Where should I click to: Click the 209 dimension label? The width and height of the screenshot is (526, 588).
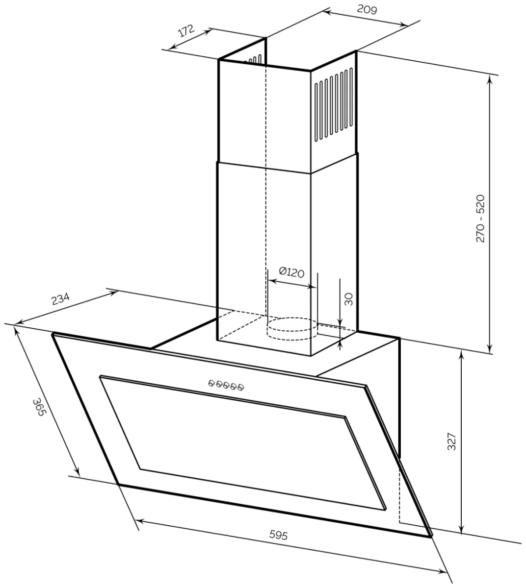[x=367, y=10]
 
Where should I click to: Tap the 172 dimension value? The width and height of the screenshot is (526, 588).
[x=186, y=31]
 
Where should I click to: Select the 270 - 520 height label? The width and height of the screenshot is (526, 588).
[x=480, y=219]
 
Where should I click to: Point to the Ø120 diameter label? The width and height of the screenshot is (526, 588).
[x=291, y=272]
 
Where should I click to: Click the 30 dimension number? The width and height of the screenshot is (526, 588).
[x=348, y=299]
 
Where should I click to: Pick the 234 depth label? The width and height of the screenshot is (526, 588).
[x=60, y=299]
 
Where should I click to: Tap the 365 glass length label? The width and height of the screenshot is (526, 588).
[x=39, y=408]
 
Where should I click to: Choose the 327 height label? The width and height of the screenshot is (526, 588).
[x=451, y=441]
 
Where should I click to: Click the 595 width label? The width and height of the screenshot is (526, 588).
[x=278, y=535]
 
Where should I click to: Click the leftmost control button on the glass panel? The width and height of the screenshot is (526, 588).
[x=211, y=383]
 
